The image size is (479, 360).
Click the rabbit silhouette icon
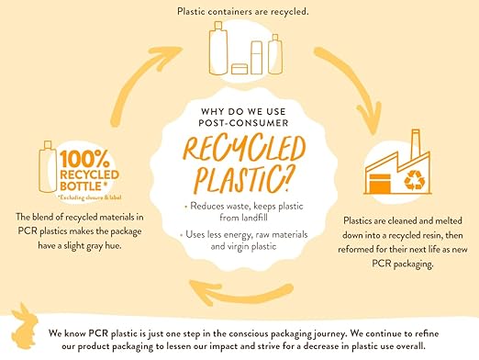pos(25,327)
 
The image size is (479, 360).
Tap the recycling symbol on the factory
pos(414,180)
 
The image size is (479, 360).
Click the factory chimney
pos(415,143)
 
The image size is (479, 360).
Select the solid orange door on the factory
pos(380,184)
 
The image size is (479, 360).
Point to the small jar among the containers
pos(239,69)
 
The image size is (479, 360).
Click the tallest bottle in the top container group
pos(218,48)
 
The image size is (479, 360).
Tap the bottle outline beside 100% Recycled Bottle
pos(48,167)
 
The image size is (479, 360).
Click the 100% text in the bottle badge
pos(84,159)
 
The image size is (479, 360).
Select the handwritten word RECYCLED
pos(244,149)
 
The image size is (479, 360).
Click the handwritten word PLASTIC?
pos(241,180)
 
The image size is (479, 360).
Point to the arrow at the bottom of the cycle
pos(241,292)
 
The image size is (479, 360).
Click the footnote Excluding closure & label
pos(90,197)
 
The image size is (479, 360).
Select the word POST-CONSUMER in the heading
pos(243,123)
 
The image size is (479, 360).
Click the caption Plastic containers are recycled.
pos(243,12)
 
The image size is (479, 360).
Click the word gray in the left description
pos(95,246)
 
